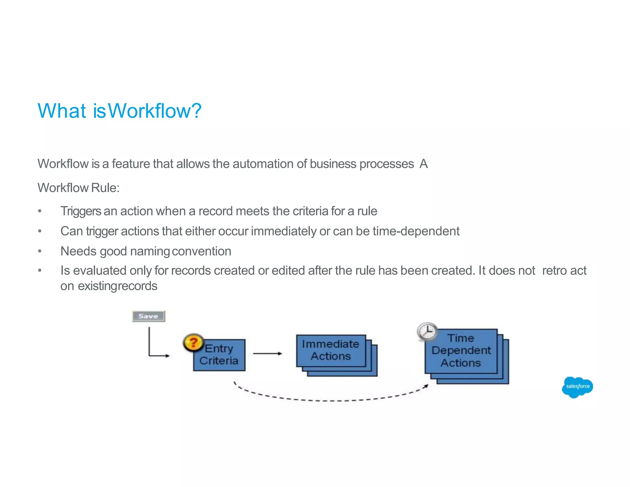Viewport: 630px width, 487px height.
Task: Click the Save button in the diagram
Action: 148,316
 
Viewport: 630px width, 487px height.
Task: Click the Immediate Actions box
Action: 331,351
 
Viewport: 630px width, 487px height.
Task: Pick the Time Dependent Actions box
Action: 461,351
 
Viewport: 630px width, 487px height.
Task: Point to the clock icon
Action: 427,332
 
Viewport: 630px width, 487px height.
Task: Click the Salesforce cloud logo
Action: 577,387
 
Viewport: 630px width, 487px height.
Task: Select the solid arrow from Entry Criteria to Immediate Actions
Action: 267,354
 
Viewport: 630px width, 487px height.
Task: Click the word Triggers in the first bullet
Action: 81,211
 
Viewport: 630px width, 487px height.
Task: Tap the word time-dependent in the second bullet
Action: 416,231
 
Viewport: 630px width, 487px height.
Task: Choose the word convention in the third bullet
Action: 201,251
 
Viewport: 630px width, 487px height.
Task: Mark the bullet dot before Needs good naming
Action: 40,251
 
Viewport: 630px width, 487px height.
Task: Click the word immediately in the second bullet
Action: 284,231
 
